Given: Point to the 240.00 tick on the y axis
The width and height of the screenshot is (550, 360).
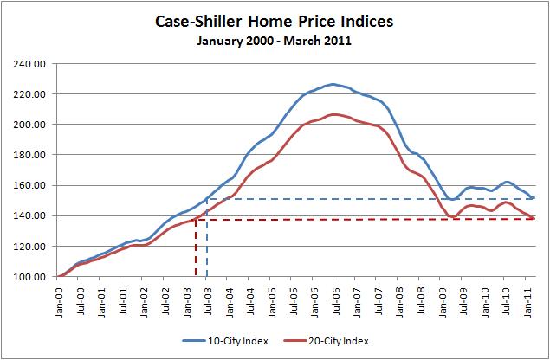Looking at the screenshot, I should tap(30, 63).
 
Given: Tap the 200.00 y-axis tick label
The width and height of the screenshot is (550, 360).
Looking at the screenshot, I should tap(30, 125).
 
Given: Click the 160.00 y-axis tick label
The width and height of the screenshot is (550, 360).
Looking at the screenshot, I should tap(30, 185).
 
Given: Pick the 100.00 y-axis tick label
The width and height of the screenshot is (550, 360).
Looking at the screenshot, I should tap(30, 277).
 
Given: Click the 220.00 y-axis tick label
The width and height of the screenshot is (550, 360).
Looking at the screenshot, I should tap(30, 93).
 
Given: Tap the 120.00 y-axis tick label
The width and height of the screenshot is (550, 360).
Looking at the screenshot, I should tap(30, 247).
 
